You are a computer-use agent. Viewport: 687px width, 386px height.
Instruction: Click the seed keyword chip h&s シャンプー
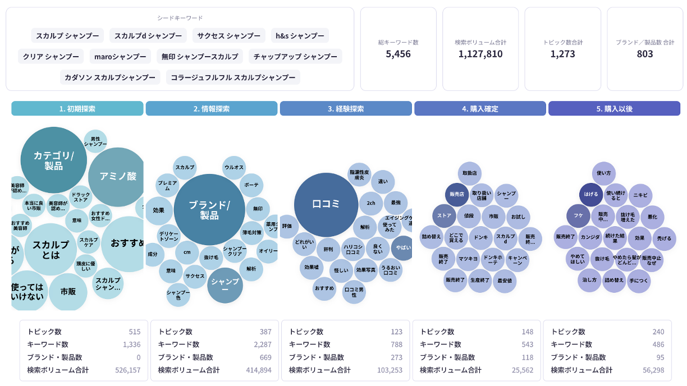click(x=300, y=35)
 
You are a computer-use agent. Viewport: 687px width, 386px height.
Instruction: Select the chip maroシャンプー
click(x=120, y=56)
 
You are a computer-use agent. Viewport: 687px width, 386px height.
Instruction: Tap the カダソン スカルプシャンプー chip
click(x=110, y=77)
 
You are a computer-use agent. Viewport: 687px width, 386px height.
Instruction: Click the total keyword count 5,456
click(x=398, y=54)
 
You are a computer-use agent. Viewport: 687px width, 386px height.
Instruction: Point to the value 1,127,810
click(x=480, y=54)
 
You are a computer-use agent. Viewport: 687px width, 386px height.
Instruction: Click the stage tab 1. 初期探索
click(x=77, y=108)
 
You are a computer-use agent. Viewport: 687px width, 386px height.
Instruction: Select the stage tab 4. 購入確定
click(x=480, y=108)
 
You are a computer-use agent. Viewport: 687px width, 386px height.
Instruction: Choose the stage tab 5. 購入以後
click(x=614, y=108)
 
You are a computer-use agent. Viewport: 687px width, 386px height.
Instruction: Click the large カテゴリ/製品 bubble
click(x=53, y=160)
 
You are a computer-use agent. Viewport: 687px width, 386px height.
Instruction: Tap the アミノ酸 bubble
click(x=118, y=176)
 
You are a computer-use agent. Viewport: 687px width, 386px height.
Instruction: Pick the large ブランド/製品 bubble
click(x=209, y=209)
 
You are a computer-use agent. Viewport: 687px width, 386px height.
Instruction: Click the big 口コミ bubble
click(x=326, y=204)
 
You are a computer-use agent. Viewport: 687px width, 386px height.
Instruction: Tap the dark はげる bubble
click(x=591, y=194)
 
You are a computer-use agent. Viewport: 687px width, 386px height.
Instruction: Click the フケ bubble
click(x=578, y=215)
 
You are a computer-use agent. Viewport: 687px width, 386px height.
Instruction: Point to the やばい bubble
click(x=402, y=247)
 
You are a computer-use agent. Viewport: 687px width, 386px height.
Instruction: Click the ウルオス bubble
click(x=233, y=167)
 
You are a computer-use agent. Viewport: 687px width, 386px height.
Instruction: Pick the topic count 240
click(x=658, y=332)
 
